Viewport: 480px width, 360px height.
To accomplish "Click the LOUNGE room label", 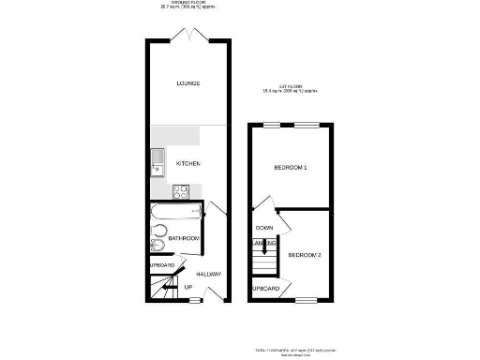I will pos(187,83).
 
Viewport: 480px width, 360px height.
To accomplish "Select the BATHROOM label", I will pos(184,239).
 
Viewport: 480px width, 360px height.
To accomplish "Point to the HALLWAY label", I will pos(208,274).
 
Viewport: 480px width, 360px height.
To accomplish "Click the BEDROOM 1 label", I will pos(291,167).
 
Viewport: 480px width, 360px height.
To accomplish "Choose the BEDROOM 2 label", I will pos(305,255).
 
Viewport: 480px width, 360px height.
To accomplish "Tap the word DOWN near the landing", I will pos(264,228).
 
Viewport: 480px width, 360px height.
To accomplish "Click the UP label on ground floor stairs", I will pos(188,287).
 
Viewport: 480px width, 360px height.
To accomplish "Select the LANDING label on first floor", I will pos(254,246).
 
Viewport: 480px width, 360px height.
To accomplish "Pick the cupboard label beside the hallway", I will pos(160,265).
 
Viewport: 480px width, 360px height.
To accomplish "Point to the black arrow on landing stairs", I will pos(266,248).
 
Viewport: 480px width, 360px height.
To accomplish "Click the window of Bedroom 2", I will pos(304,301).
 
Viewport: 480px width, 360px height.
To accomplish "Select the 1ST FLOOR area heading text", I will pos(291,91).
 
